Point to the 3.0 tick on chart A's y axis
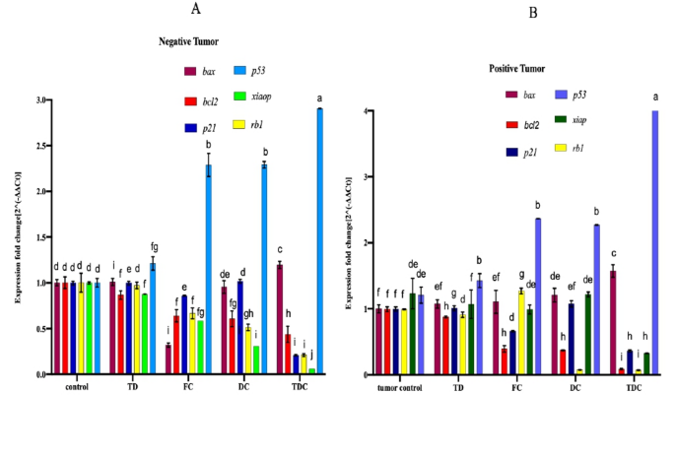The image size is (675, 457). click(39, 100)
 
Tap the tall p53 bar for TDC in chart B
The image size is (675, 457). click(654, 242)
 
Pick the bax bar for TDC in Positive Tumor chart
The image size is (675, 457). click(613, 322)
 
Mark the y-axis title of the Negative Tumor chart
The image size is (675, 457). click(17, 237)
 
